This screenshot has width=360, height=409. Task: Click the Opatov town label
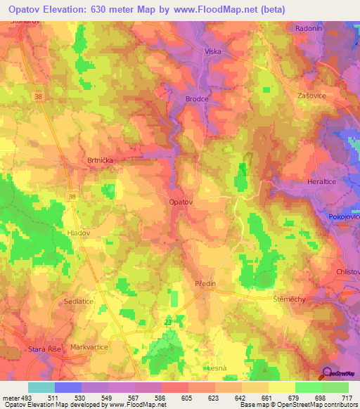click(x=181, y=202)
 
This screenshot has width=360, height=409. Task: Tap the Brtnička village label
click(x=100, y=160)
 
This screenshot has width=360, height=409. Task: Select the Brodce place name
click(x=197, y=99)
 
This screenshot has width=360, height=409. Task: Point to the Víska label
click(x=212, y=52)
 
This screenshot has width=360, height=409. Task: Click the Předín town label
click(x=207, y=283)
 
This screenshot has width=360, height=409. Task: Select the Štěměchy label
click(x=289, y=299)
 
